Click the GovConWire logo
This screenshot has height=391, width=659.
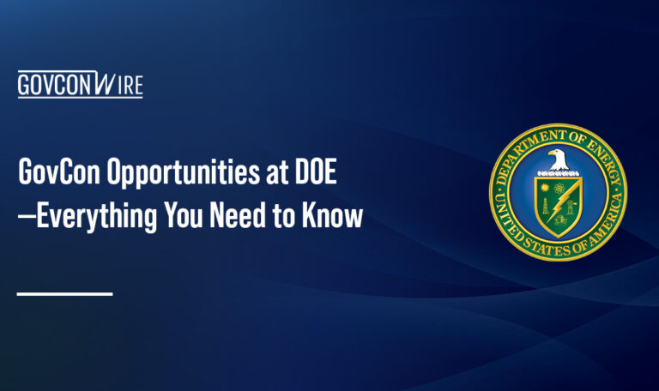[x=80, y=85]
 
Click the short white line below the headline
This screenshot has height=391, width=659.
[x=65, y=294]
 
